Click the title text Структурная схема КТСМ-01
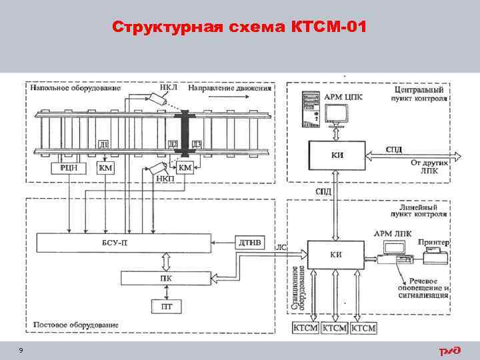239,27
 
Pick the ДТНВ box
253,242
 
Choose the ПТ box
163,307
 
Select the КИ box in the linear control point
336,253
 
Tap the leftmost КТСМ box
307,328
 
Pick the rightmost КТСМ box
363,328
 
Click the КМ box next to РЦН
105,168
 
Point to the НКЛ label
169,87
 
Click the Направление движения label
230,87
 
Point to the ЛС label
281,247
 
